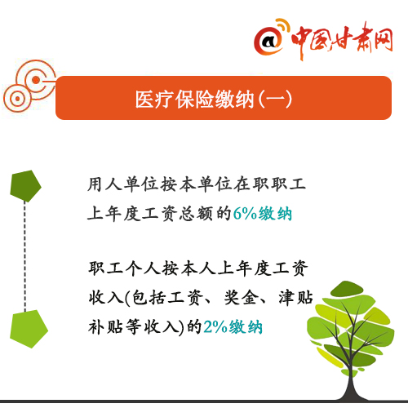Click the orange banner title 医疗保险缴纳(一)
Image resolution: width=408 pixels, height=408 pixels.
[214, 100]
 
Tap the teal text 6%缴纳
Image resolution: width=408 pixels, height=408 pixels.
[263, 214]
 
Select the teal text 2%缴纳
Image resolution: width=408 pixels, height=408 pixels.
[233, 326]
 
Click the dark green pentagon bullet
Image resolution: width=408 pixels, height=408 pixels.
[25, 186]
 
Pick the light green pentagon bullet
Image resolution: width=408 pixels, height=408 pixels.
[29, 329]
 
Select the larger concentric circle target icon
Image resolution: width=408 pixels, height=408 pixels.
[36, 80]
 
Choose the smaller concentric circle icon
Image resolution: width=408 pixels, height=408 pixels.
[17, 98]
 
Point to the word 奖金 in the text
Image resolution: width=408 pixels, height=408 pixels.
[242, 297]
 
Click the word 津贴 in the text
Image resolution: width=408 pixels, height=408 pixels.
[295, 297]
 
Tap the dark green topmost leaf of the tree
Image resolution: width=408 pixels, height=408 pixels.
[346, 289]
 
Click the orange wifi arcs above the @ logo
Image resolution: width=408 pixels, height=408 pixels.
[283, 26]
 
